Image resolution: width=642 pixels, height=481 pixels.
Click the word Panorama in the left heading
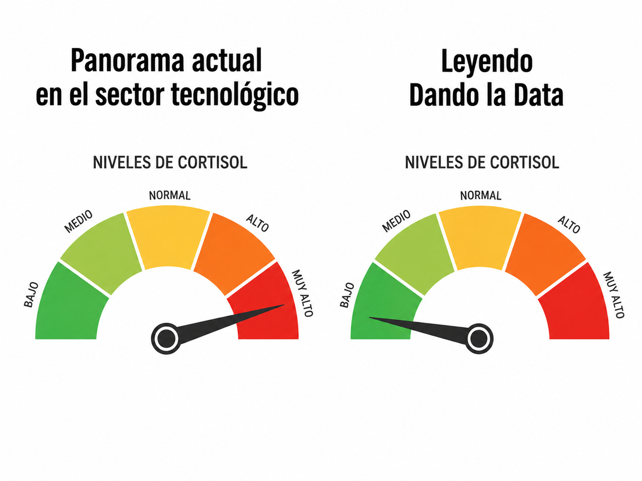127,61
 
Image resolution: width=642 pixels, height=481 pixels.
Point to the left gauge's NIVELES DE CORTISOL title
170,163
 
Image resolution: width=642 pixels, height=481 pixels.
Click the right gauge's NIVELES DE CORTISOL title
482,163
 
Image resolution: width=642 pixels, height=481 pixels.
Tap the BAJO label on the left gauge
31,295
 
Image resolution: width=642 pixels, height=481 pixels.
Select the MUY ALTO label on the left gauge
302,293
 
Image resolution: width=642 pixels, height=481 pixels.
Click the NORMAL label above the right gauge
481,195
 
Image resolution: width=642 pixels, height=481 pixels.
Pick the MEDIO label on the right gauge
396,221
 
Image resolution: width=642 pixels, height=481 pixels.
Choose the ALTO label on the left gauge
258,223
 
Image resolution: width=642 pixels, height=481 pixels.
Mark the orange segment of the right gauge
544,254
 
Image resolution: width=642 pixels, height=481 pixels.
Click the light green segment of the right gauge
415,254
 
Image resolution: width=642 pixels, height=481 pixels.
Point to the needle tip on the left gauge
285,305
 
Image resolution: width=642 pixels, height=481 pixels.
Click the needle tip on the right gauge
369,317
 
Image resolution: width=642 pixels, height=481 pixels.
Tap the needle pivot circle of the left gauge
166,338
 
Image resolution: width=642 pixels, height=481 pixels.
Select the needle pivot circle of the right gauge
479,339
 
